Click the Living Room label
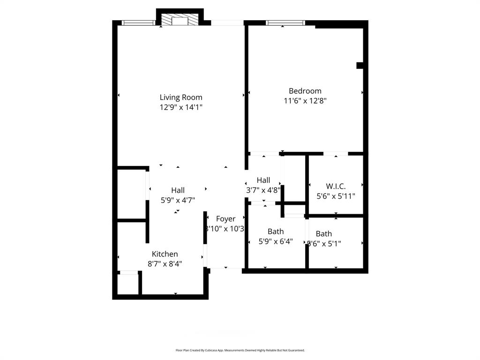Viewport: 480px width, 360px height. click(181, 97)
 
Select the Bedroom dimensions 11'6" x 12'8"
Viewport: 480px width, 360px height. click(305, 100)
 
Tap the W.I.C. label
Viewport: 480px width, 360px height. click(336, 187)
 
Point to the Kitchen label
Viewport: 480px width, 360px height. click(165, 254)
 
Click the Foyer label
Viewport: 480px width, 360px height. click(225, 219)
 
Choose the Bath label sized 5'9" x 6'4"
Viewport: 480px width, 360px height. click(276, 232)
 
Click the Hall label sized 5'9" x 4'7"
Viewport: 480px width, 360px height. click(178, 190)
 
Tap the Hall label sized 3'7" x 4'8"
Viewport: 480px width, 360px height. click(263, 180)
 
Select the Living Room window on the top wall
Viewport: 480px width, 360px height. click(138, 22)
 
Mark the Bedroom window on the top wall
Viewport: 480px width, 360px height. click(285, 22)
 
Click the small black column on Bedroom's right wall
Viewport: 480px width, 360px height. click(360, 66)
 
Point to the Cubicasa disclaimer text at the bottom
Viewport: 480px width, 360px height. click(240, 350)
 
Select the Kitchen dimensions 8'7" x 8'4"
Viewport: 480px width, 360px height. click(165, 264)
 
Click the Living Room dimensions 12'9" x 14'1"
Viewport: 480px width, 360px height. click(181, 107)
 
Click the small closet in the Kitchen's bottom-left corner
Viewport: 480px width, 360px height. click(128, 284)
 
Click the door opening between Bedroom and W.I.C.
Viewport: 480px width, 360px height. click(336, 153)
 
